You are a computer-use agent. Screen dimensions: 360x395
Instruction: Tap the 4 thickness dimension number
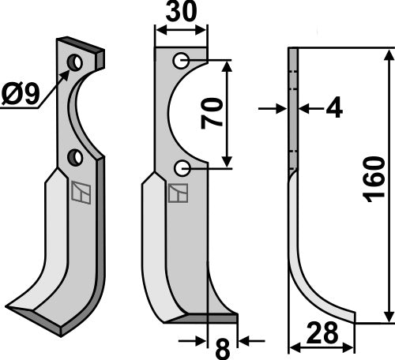coord(333,109)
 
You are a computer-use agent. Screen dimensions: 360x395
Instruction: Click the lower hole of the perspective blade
coord(75,157)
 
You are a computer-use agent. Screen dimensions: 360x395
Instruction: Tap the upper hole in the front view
coord(182,60)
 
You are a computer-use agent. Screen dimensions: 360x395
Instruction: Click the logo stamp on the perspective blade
coord(79,192)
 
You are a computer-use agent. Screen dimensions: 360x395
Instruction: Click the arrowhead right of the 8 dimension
coord(243,340)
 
